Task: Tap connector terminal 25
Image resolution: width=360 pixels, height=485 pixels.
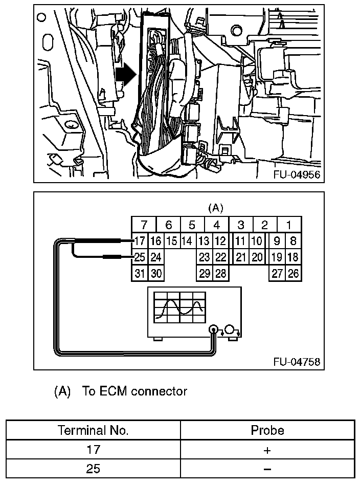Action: click(140, 257)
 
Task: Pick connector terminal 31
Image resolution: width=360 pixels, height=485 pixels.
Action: click(140, 274)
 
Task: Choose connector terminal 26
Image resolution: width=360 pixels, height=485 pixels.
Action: click(293, 274)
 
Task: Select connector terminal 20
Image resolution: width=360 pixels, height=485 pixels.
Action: click(257, 257)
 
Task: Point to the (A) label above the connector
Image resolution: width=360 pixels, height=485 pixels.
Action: click(216, 208)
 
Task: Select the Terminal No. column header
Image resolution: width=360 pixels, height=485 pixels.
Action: click(93, 431)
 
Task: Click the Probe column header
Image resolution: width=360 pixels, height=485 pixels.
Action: click(267, 431)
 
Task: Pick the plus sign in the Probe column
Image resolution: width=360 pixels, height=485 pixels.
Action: click(267, 450)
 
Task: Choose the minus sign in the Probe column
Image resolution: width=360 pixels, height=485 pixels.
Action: click(267, 469)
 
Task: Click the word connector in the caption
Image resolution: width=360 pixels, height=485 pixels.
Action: click(159, 392)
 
